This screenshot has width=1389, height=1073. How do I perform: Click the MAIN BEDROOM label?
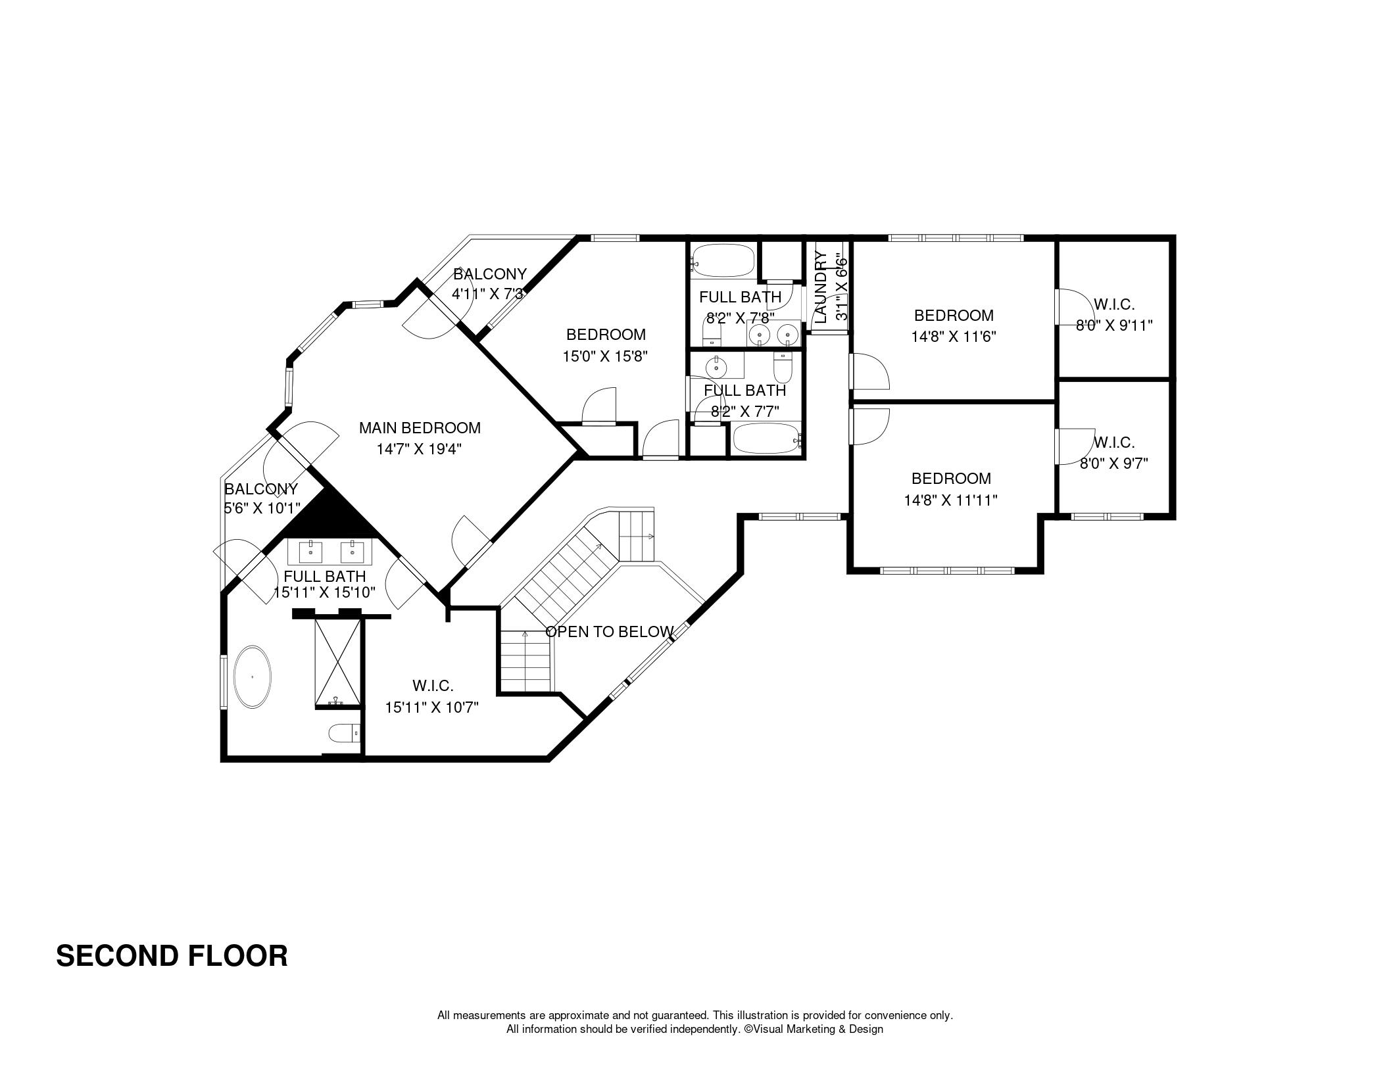(420, 428)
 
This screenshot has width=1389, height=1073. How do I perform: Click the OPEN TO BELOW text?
(610, 632)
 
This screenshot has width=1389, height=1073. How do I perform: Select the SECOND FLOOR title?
(172, 956)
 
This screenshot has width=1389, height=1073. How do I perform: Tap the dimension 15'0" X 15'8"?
(605, 356)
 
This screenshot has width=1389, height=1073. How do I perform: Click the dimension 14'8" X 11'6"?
(954, 337)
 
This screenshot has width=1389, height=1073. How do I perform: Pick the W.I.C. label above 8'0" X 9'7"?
(1114, 442)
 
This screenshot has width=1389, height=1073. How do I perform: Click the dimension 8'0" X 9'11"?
(1114, 325)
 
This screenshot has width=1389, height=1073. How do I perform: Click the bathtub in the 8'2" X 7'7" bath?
(767, 438)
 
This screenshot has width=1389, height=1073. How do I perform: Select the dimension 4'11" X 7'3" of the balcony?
(487, 293)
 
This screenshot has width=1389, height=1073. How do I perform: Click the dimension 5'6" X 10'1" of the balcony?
(262, 508)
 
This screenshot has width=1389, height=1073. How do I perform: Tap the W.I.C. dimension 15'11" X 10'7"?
(431, 707)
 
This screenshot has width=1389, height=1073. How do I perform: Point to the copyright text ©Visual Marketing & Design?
(813, 1029)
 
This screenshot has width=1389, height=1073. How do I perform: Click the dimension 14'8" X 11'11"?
(950, 500)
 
